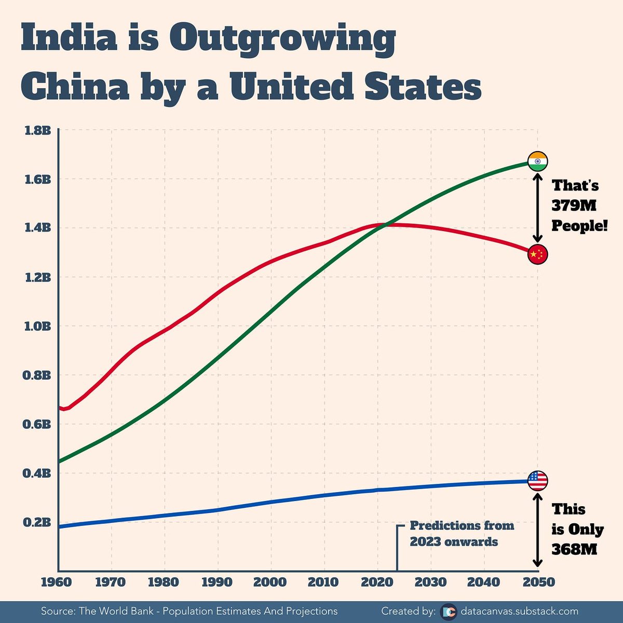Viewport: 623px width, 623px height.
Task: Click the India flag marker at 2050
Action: point(537,161)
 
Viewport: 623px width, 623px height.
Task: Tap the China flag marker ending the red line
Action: point(537,254)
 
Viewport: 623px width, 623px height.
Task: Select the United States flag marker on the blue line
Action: point(537,481)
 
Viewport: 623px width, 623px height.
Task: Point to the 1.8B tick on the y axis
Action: point(37,130)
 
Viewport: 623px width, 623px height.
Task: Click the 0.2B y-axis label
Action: point(37,522)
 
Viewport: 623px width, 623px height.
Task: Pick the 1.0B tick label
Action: point(37,326)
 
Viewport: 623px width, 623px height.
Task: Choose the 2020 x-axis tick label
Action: point(377,582)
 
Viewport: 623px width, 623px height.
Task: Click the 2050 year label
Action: point(538,582)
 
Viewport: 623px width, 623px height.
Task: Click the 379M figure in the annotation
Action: point(574,206)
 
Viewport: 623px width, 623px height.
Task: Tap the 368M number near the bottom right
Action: point(574,549)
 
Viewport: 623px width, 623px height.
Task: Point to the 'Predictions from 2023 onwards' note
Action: point(461,534)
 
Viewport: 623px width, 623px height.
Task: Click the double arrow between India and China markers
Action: point(537,208)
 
